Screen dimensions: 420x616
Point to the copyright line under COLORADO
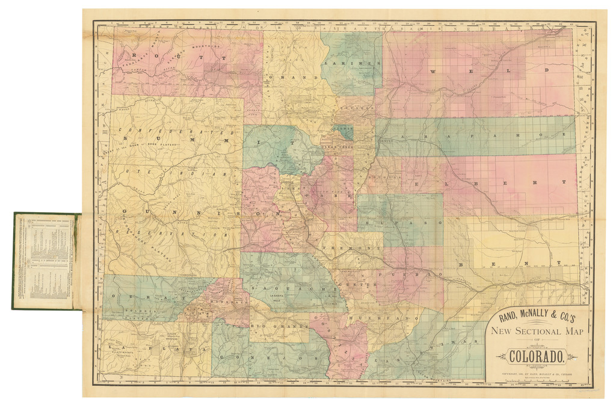535,373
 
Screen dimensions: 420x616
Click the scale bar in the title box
535,379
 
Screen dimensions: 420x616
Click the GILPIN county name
344,129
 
